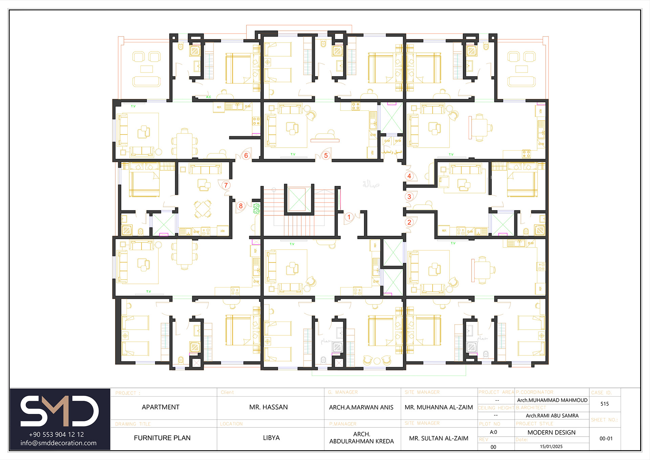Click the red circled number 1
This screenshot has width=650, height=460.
pos(349,217)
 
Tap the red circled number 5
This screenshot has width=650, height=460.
pos(326,155)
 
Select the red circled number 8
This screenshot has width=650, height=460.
pos(241,206)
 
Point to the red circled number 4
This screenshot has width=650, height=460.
pos(409,176)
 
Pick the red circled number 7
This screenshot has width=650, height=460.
pos(226,185)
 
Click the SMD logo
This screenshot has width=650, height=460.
pos(60,411)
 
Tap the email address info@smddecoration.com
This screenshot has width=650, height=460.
pos(58,443)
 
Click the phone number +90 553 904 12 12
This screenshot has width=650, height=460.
pos(57,435)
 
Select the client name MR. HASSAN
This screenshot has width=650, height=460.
pos(268,407)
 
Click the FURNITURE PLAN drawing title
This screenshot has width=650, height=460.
pos(162,438)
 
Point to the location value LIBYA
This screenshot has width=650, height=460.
pos(271,438)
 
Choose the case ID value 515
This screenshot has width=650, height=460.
pos(605,404)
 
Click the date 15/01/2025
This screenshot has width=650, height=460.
pos(551,446)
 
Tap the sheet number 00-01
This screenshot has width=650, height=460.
pos(606,439)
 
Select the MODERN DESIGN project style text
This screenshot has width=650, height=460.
pos(551,433)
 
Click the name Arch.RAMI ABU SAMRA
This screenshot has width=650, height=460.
pos(552,416)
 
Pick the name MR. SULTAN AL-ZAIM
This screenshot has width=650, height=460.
pos(439,438)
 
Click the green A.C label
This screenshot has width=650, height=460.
pos(209,97)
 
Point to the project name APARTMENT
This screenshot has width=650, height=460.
pos(160,407)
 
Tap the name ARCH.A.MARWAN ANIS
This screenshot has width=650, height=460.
pos(361,407)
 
